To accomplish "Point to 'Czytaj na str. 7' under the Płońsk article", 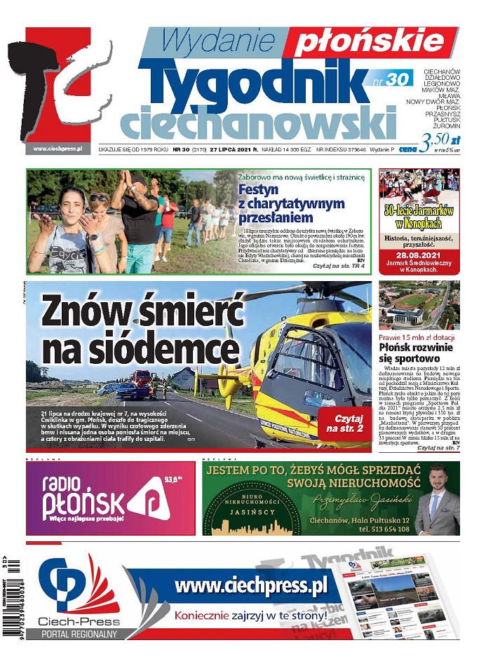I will [438, 447].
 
